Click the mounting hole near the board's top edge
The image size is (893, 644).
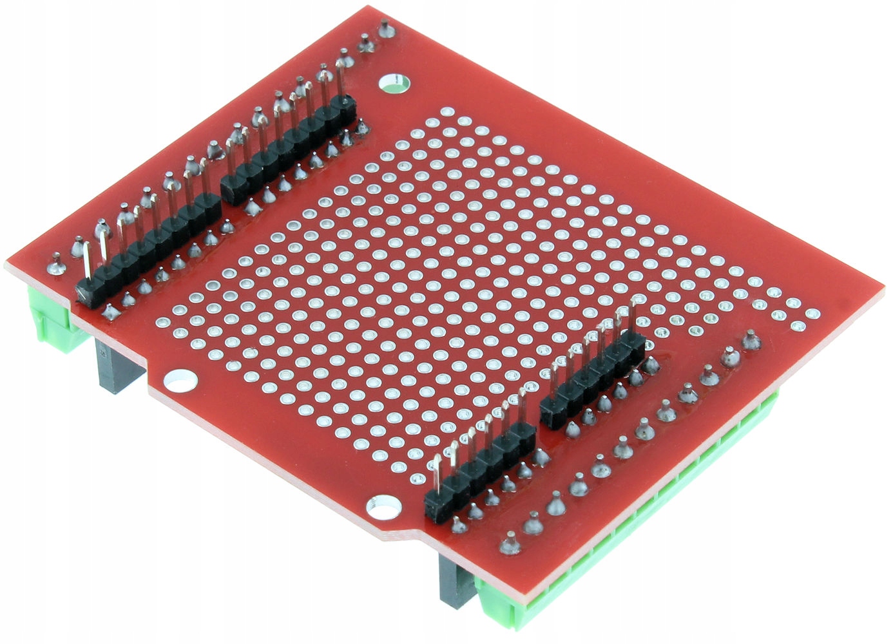tap(394, 83)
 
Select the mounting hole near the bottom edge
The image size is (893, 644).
tap(384, 508)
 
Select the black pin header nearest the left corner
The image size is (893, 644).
tap(148, 248)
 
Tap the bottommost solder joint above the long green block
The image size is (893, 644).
tap(510, 545)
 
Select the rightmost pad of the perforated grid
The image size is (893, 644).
tap(813, 314)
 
